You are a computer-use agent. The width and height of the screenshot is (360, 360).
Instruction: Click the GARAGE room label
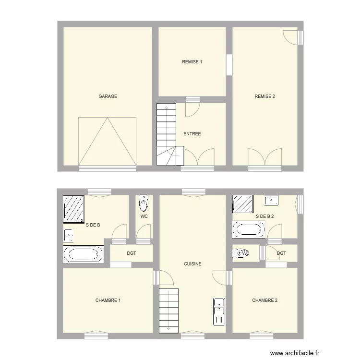click(x=108, y=96)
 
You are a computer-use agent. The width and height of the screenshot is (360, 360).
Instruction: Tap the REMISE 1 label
click(x=192, y=62)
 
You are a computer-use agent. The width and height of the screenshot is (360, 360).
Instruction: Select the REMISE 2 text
click(x=264, y=96)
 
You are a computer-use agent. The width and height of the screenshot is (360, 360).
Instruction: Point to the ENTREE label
click(x=192, y=134)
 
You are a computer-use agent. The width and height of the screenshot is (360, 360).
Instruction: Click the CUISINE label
click(x=192, y=264)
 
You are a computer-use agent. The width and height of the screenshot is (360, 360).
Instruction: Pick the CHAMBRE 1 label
click(x=108, y=301)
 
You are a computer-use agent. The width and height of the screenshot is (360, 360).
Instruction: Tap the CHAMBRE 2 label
click(x=264, y=301)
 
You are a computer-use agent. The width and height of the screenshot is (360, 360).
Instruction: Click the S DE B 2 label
click(x=265, y=216)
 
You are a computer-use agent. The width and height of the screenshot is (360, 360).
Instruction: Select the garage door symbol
click(x=108, y=141)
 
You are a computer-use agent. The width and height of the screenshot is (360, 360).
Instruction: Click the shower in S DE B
click(x=74, y=209)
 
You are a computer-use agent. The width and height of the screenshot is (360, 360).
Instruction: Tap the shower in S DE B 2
click(x=243, y=204)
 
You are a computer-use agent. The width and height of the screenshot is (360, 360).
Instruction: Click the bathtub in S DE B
click(x=84, y=254)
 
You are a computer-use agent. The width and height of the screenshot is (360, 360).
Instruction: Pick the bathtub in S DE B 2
click(x=249, y=229)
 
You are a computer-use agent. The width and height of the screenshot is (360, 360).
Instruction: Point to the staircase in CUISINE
click(x=168, y=310)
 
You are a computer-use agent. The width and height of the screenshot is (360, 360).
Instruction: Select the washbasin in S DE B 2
click(x=272, y=200)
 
